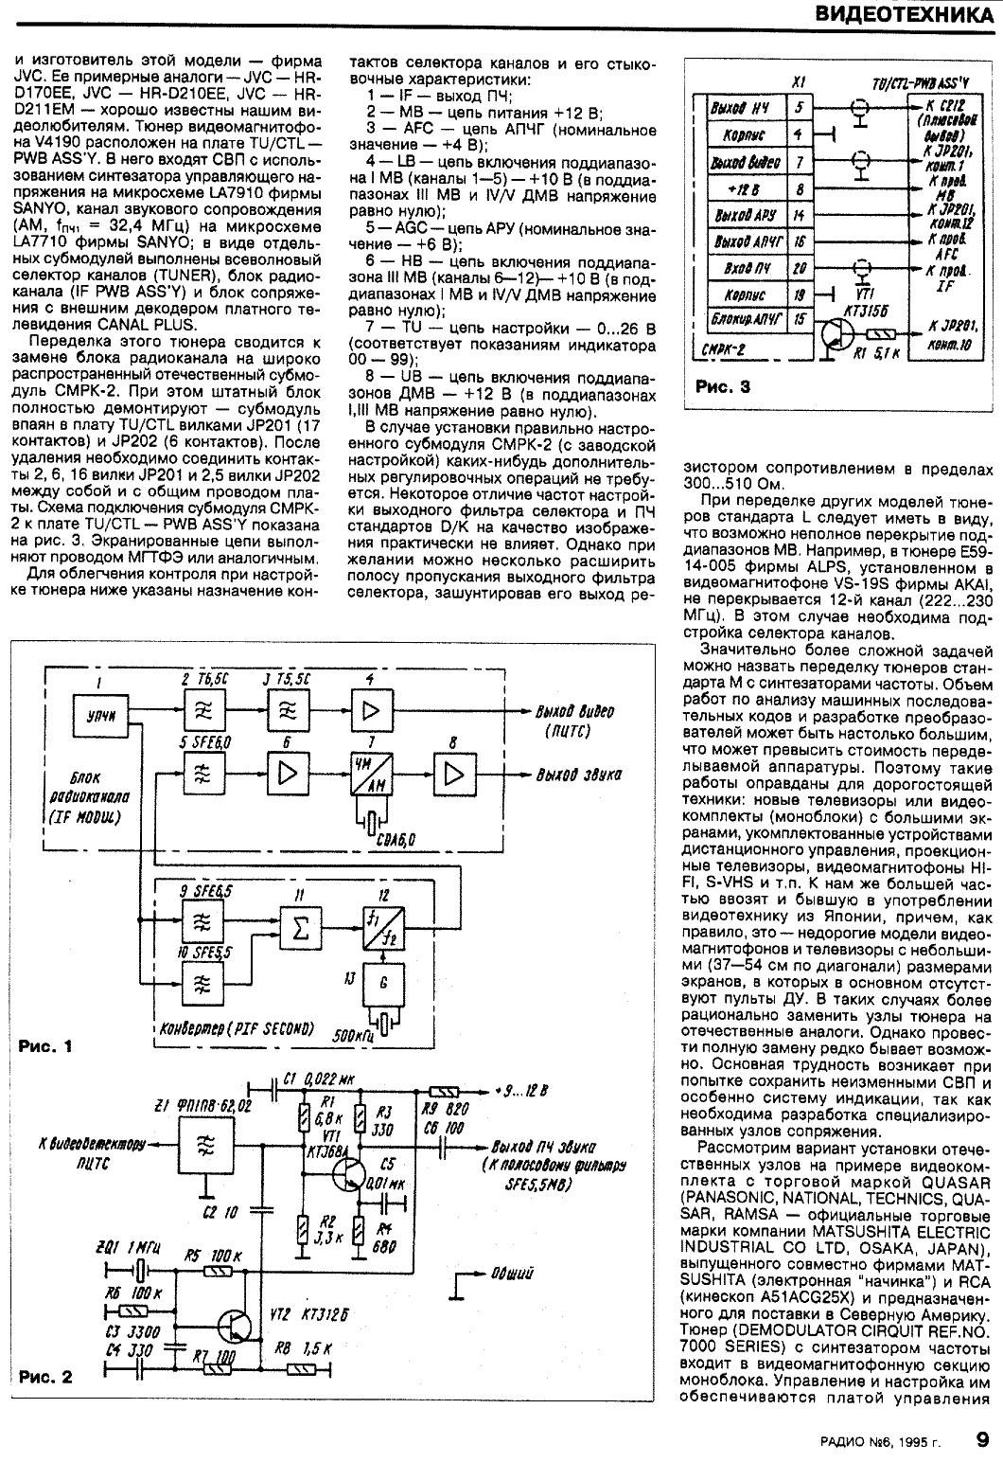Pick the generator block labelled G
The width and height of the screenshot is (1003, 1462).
(381, 983)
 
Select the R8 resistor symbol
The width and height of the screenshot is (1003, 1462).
(304, 1368)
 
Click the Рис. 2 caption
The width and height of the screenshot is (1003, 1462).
(44, 1376)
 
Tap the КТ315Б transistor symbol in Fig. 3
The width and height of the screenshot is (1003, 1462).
(836, 335)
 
